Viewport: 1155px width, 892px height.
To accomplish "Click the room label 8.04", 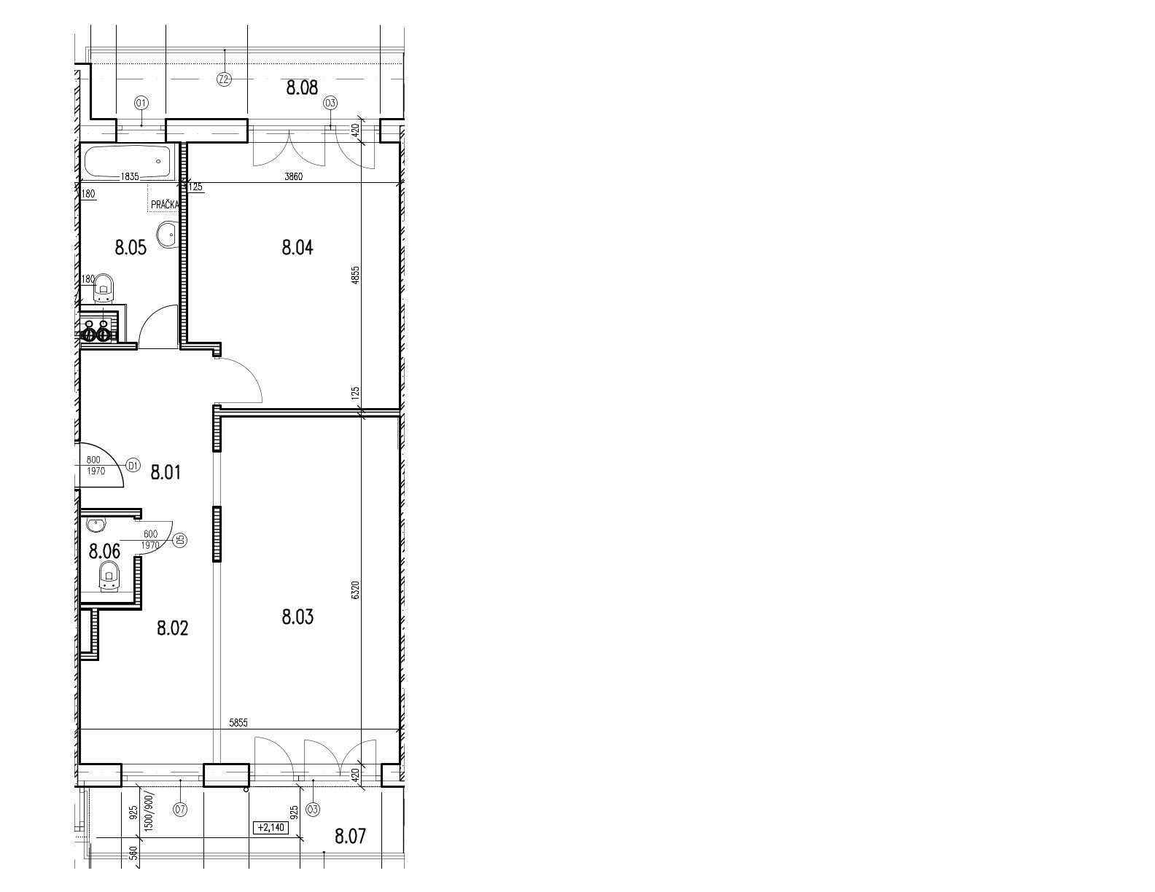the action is tap(297, 248).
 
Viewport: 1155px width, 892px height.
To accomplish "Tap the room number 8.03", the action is tap(297, 617).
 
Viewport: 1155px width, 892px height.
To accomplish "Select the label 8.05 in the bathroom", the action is tap(131, 248).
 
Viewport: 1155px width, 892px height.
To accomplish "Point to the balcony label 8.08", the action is tap(302, 87).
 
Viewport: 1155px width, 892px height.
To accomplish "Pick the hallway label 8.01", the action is tap(166, 472).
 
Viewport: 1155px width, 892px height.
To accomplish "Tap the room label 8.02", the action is tap(172, 628).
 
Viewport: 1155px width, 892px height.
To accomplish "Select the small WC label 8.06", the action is tap(104, 552).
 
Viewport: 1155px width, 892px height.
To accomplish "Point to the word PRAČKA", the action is tap(164, 205).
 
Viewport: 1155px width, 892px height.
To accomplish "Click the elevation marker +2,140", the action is tap(271, 828).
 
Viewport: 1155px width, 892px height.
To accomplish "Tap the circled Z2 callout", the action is tap(224, 80).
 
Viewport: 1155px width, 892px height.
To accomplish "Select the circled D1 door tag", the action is tap(133, 466).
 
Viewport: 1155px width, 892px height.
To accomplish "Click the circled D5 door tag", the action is tap(181, 540).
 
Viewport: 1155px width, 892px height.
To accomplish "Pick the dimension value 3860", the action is tap(293, 177).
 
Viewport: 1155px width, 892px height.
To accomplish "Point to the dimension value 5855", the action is tap(238, 722).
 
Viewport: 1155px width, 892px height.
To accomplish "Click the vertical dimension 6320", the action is tap(356, 590).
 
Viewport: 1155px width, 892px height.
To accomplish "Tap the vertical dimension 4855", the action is tap(356, 275).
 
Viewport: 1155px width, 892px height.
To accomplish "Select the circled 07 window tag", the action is tap(180, 810).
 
